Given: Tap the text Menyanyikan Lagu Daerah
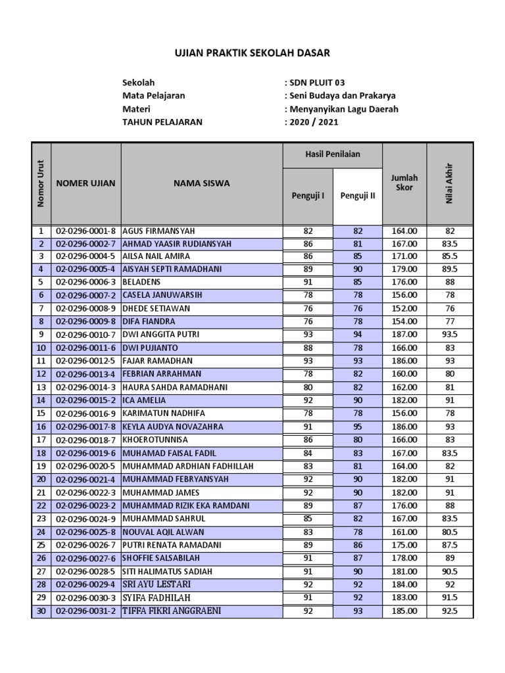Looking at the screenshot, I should click(x=343, y=109).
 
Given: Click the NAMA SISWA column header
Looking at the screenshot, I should click(x=202, y=183).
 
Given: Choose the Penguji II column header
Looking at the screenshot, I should click(x=358, y=196).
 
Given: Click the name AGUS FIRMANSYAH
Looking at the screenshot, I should click(x=158, y=231).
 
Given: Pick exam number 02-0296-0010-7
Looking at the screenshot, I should click(x=86, y=335).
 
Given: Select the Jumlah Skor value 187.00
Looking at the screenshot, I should click(x=404, y=335).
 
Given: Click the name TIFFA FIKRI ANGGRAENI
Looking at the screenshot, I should click(x=172, y=611).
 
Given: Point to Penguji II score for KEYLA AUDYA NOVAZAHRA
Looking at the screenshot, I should click(x=358, y=427).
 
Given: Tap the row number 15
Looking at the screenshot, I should click(x=41, y=413).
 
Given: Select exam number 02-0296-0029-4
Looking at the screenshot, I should click(x=86, y=584).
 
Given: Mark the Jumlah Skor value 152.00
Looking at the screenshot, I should click(x=404, y=308).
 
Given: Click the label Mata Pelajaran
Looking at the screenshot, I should click(x=154, y=96).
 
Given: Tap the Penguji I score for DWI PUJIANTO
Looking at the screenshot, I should click(x=308, y=348).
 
